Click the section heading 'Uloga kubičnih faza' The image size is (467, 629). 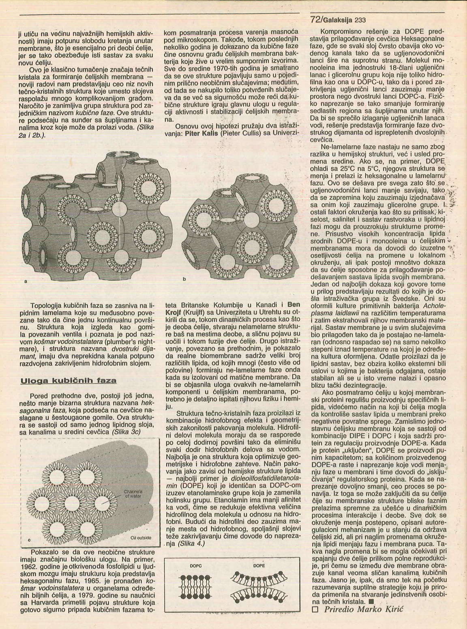point(68,380)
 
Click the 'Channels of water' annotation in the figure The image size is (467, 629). point(130,493)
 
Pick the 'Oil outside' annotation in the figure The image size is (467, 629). point(141,538)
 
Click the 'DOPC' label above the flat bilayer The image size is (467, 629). point(195,566)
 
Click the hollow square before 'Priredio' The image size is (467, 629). point(314,610)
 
